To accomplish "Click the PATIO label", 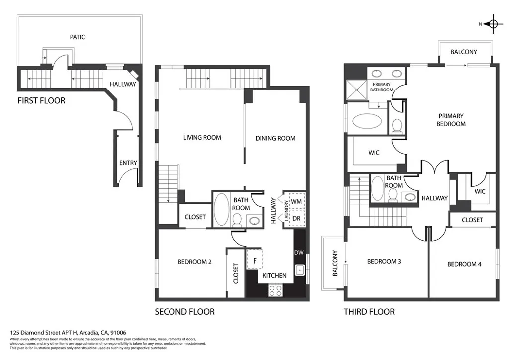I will pos(77,37).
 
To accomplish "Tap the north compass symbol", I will pos(493,24).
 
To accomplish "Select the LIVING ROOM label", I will pos(202,138).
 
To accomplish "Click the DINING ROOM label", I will pos(275,138).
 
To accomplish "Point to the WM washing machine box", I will pos(296,201).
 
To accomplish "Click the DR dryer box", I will pos(296,218).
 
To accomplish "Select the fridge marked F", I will pos(255,260).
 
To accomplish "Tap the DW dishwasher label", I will pos(298,253).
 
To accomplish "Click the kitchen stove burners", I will pos(275,289).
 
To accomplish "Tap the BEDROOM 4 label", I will pos(464,264).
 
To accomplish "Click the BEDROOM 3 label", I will pos(384,262).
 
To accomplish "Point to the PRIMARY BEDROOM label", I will pos(451,119).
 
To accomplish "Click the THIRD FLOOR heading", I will pos(369,312).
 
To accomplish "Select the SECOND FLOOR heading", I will pos(184,312).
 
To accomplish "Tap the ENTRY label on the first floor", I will pos(128,163).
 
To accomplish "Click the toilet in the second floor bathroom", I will pos(237,219).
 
